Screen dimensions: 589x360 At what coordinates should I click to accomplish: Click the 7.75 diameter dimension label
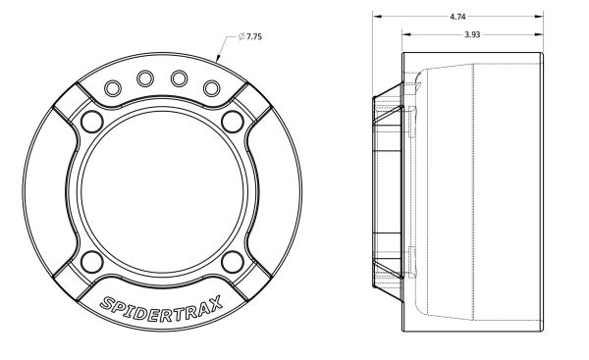(250, 36)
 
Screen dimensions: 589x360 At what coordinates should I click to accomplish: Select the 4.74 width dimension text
(457, 17)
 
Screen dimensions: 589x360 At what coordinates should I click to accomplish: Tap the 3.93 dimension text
(472, 34)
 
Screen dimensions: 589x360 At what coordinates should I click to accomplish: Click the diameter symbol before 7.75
(241, 36)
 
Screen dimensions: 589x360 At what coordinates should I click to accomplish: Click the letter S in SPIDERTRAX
(107, 302)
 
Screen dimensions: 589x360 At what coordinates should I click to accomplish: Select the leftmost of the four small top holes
(112, 88)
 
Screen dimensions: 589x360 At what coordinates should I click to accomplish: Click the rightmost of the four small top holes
(211, 88)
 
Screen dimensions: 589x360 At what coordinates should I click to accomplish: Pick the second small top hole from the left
(145, 78)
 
